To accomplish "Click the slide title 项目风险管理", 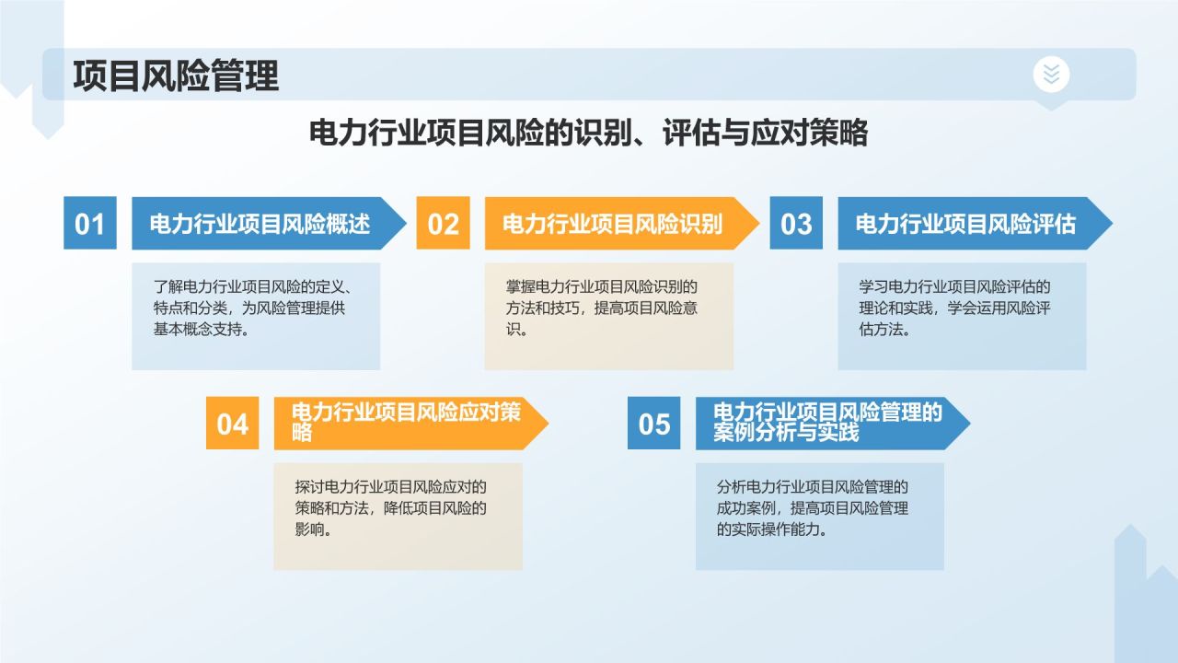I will point(176,76).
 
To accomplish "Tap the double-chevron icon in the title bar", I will point(1051,74).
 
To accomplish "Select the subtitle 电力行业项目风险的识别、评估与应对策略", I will point(588,134).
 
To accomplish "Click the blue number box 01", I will point(90,223).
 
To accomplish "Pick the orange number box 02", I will point(443,223).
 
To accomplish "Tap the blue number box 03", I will point(796,223).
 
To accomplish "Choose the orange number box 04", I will point(233,423).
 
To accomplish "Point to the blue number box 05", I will point(654,423).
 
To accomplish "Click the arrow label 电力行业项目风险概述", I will point(260,224).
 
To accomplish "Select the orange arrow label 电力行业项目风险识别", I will point(612,224).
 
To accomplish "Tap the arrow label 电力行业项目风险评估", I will point(965,224).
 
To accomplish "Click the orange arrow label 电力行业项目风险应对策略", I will point(406,423).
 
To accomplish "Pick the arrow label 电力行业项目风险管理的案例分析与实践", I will point(827,423).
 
